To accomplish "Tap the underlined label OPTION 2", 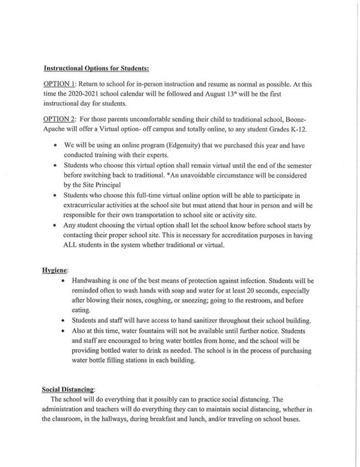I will point(59,119).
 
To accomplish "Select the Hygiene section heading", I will point(56,271).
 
